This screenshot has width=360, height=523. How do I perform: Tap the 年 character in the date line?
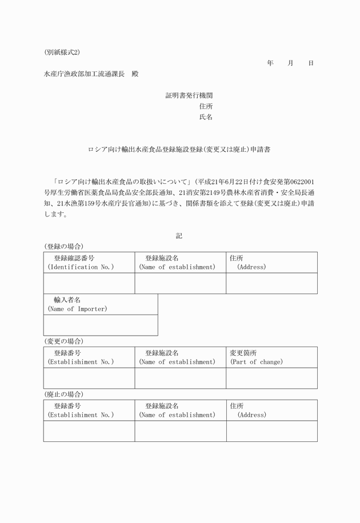[270, 63]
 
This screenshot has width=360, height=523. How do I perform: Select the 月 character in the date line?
[290, 63]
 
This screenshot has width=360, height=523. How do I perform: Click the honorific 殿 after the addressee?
[135, 74]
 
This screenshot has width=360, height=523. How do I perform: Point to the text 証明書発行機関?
[189, 95]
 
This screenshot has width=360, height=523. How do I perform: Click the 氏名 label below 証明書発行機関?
[206, 117]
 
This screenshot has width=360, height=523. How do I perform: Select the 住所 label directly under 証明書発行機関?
[206, 106]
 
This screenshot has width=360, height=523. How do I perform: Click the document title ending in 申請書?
[179, 150]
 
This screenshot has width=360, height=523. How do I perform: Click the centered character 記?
[179, 235]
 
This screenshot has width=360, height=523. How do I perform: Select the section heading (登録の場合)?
[63, 246]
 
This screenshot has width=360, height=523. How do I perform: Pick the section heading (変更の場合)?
[63, 341]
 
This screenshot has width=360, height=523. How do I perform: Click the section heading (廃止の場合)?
[63, 394]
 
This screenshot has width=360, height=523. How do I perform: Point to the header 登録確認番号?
[74, 258]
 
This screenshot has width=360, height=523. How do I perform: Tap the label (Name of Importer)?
[77, 309]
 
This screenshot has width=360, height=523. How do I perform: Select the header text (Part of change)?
[257, 361]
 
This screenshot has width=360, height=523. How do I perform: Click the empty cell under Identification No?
[89, 283]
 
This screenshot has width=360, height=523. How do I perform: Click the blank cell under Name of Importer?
[101, 325]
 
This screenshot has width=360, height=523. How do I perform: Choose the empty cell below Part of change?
[271, 378]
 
